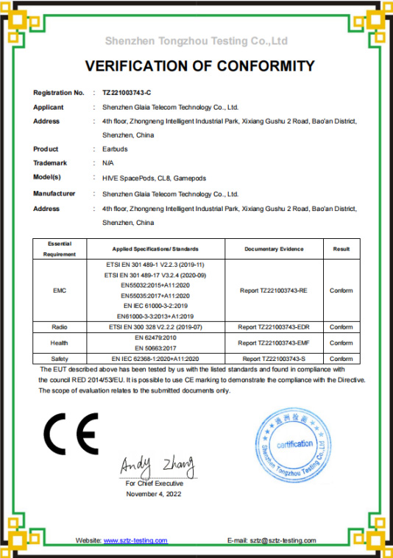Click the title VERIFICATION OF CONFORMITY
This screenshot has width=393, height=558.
pos(199,67)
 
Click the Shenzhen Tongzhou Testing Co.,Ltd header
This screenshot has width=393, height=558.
pos(196,40)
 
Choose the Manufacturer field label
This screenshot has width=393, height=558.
pos(54,194)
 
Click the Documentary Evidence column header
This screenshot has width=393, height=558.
pos(273,249)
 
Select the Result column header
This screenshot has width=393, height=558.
pos(341,249)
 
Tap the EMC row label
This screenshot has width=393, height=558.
pos(60,290)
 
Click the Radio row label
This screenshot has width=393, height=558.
pos(60,326)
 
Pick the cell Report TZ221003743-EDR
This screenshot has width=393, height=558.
pos(273,326)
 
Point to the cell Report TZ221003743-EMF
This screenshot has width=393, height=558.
pos(273,343)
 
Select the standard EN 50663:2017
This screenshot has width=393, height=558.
pos(155,347)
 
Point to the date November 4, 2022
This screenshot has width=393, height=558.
pos(154,494)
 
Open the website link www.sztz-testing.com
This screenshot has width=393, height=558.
pos(135,540)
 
